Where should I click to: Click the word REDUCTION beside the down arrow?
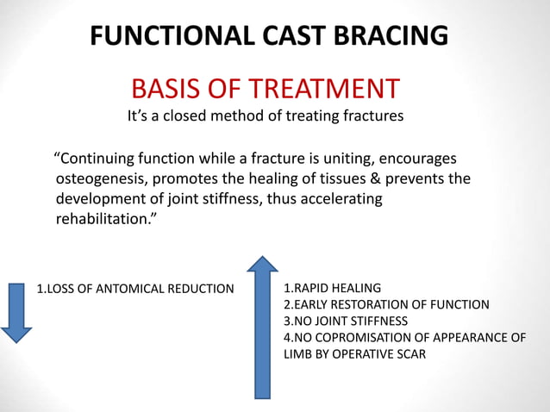pyautogui.click(x=201, y=288)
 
